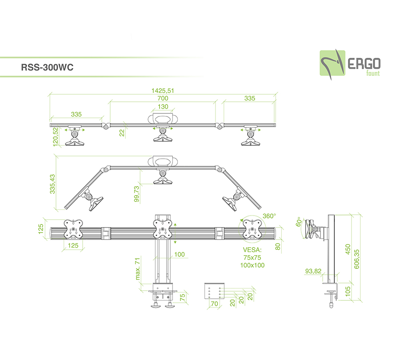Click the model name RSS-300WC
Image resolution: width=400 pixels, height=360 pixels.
pos(47,68)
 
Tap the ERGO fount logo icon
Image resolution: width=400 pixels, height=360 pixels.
pos(332,63)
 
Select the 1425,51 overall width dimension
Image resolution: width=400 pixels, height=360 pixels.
pos(163,91)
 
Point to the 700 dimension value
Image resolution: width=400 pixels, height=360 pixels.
pos(163,98)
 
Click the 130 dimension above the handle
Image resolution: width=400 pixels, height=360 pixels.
pos(163,107)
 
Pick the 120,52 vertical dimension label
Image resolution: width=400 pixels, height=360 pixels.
pos(56,137)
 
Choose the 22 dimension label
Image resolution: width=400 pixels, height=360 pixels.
pos(122,133)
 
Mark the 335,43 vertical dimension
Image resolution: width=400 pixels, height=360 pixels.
pos(52,184)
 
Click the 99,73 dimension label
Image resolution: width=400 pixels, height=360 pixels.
pos(137,194)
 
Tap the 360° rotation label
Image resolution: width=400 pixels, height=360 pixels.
pos(269,216)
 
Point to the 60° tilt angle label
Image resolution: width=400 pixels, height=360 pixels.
pos(299,222)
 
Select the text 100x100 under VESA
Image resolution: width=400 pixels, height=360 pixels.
pos(252,265)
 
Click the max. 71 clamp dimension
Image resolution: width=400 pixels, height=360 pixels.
pos(138,268)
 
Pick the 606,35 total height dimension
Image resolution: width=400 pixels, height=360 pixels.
pos(356,259)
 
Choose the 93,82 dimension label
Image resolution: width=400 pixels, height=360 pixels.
pos(313,271)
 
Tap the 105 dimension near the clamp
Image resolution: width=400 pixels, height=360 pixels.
pos(348,291)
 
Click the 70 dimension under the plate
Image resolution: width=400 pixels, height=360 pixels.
pos(215,304)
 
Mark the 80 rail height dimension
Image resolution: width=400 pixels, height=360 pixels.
pos(278,247)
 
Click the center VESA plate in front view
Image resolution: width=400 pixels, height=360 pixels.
pos(162,229)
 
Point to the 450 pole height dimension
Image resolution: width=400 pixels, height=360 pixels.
pos(348,249)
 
